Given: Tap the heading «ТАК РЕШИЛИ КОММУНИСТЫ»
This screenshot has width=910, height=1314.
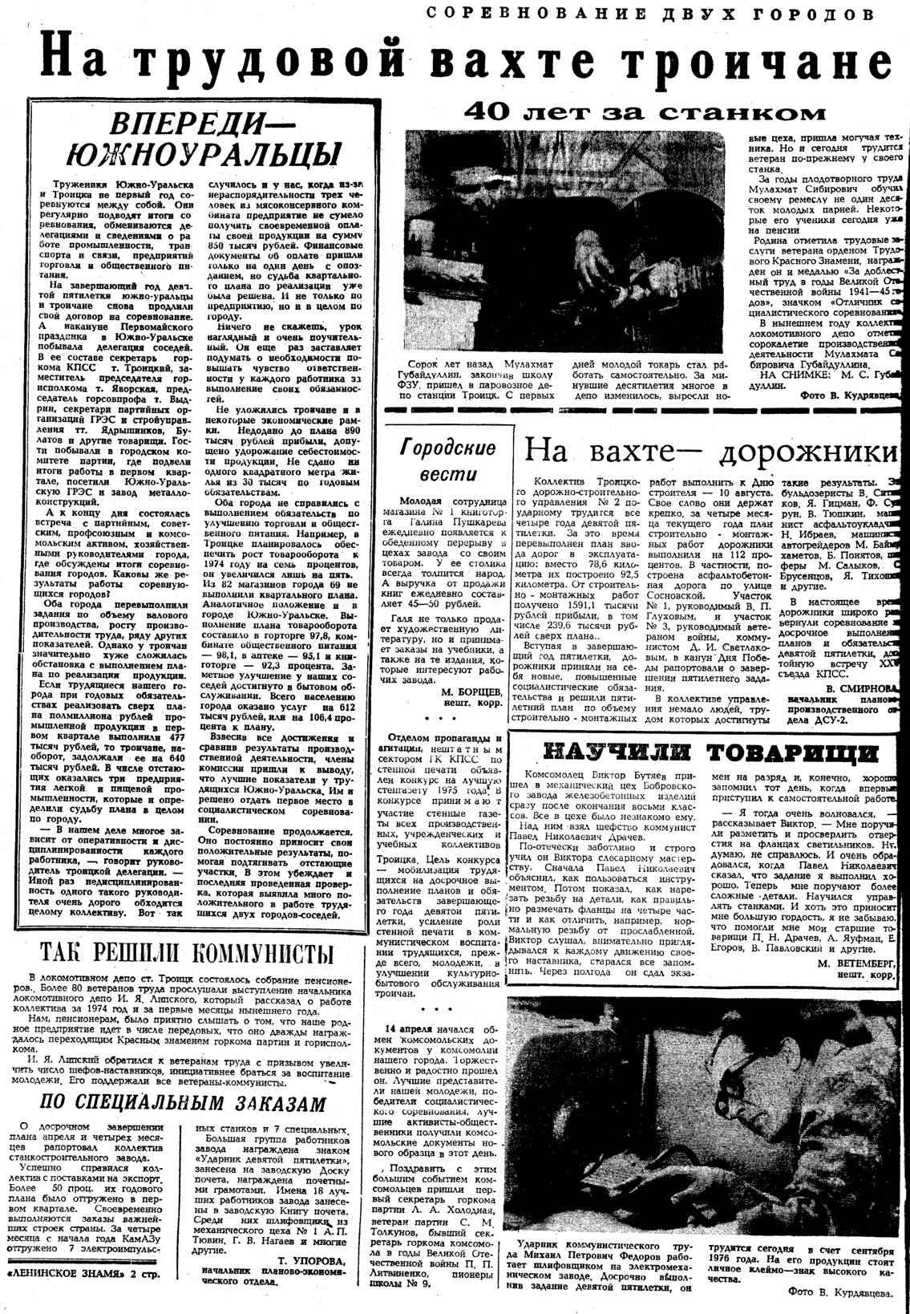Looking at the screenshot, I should pos(186,952).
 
